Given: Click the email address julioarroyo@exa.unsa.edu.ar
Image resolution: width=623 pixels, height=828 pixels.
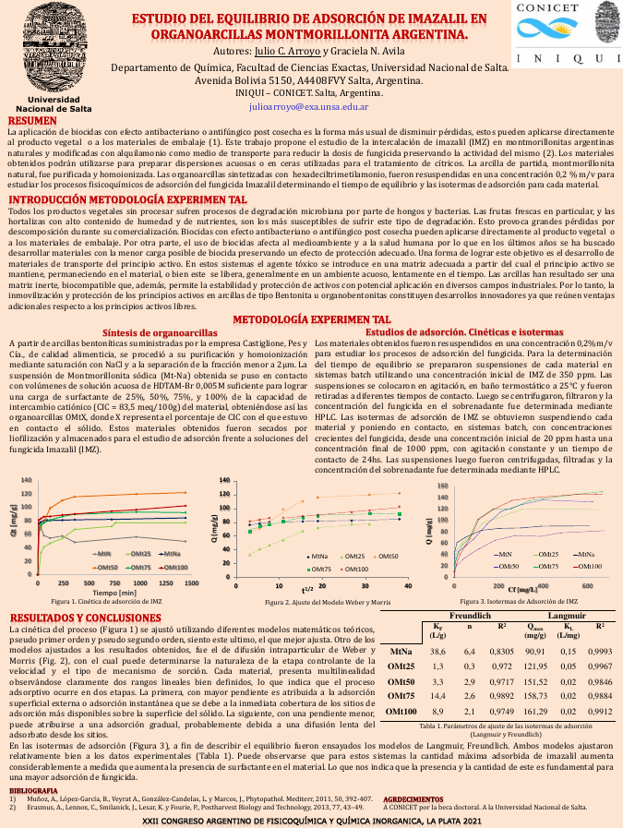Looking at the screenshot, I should coord(309,107).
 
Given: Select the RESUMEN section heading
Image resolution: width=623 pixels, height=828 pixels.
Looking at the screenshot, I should coord(33,122).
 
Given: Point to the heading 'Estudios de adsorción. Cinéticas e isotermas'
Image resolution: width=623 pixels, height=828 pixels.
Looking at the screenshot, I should coord(451,306).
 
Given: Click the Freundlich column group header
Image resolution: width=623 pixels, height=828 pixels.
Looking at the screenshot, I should coord(470,615).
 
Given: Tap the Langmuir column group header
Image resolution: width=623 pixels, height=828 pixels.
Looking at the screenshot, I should coord(569,615).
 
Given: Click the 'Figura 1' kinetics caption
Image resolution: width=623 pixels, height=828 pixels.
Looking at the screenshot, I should coord(105,601).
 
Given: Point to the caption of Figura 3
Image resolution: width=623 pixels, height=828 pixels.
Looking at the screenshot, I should coord(510,601).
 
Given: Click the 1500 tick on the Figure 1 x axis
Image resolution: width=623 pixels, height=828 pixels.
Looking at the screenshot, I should coord(192,583).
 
